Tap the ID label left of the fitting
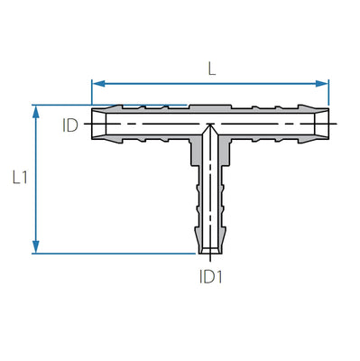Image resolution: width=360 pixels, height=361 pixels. tap(70, 125)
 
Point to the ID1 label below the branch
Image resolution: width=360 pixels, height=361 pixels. tap(209, 278)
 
